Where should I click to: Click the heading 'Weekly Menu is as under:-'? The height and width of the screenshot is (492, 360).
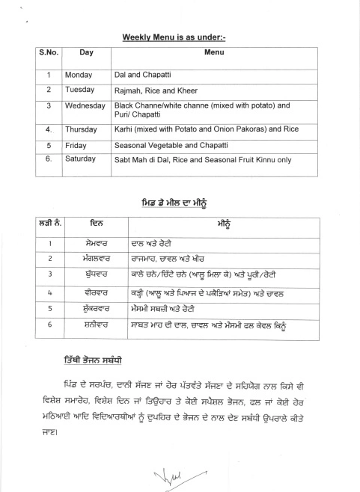click(178, 36)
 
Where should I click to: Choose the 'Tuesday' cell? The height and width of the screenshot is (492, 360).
click(80, 90)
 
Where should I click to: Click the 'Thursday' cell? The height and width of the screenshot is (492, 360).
click(82, 129)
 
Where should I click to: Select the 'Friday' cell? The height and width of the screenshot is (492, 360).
click(76, 145)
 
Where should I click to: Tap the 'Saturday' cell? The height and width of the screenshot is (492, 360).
click(82, 159)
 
